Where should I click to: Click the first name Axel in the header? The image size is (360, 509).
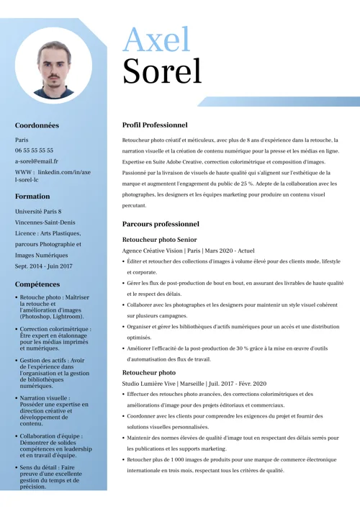pyautogui.click(x=156, y=39)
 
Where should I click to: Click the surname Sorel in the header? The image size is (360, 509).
pyautogui.click(x=162, y=71)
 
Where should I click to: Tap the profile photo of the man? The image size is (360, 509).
pyautogui.click(x=53, y=63)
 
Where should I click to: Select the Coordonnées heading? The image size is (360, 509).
pyautogui.click(x=37, y=125)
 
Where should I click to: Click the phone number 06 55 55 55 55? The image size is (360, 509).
pyautogui.click(x=34, y=150)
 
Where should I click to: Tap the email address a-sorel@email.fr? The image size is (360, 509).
pyautogui.click(x=37, y=161)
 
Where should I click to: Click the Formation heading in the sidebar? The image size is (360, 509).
pyautogui.click(x=32, y=196)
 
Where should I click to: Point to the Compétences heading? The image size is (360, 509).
pyautogui.click(x=37, y=284)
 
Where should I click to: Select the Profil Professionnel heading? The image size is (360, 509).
pyautogui.click(x=155, y=125)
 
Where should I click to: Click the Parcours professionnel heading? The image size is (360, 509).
pyautogui.click(x=161, y=224)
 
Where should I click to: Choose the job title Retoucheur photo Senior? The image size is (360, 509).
pyautogui.click(x=159, y=238)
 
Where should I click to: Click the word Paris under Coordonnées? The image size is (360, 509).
pyautogui.click(x=22, y=140)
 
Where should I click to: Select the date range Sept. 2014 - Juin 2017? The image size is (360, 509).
pyautogui.click(x=44, y=266)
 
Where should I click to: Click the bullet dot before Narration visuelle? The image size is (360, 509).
pyautogui.click(x=17, y=398)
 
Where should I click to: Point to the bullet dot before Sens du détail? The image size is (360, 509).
pyautogui.click(x=17, y=468)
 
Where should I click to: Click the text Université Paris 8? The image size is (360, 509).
pyautogui.click(x=38, y=212)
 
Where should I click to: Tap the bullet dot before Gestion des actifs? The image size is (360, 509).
pyautogui.click(x=17, y=360)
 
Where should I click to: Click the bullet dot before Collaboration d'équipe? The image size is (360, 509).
pyautogui.click(x=17, y=436)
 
